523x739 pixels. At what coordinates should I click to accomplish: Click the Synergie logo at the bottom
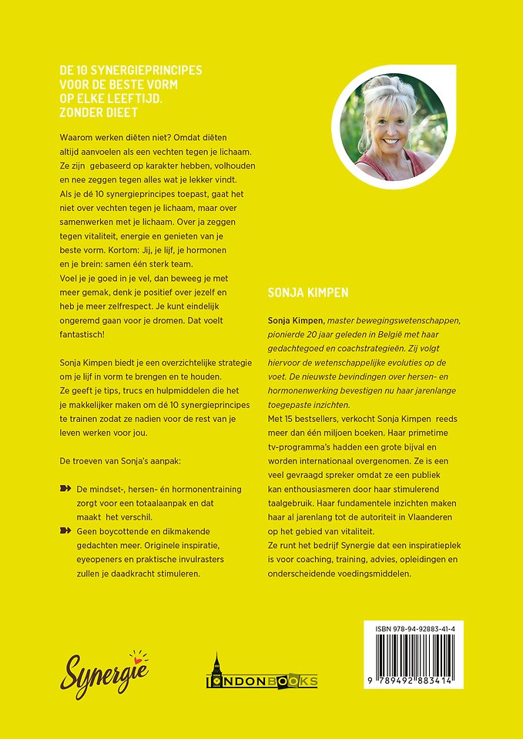(106, 674)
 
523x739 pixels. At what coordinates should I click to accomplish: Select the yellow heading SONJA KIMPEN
(308, 293)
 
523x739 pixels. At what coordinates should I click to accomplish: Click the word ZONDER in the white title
(86, 113)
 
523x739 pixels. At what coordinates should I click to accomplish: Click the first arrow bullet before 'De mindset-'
(65, 489)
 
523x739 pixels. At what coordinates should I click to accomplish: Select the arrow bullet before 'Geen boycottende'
(65, 531)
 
